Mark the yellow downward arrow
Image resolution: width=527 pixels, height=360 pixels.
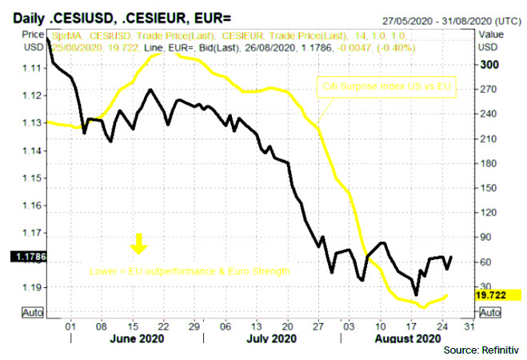pyautogui.click(x=138, y=242)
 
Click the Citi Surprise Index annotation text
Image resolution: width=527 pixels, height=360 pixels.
pyautogui.click(x=386, y=84)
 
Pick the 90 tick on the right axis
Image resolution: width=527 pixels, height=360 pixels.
pyautogui.click(x=486, y=237)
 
